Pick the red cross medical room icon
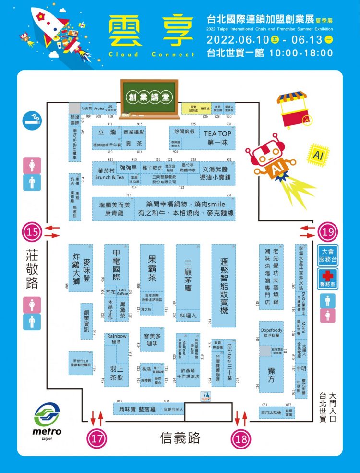(x=328, y=278)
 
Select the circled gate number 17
(x=96, y=437)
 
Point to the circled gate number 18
(x=241, y=437)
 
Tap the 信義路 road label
(x=180, y=437)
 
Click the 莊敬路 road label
(x=32, y=269)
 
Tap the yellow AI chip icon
(x=318, y=155)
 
